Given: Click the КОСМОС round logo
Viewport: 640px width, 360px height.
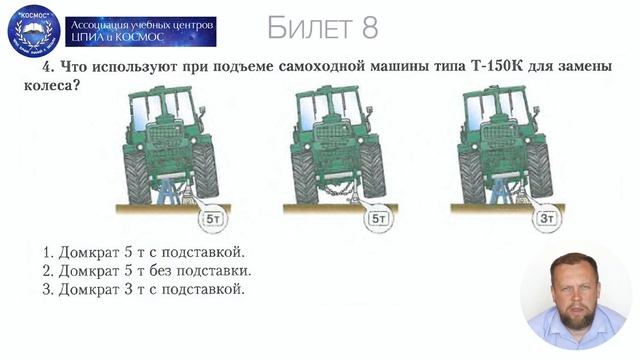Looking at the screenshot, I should click(x=32, y=31).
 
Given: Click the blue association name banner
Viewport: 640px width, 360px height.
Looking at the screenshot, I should click(x=140, y=31).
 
